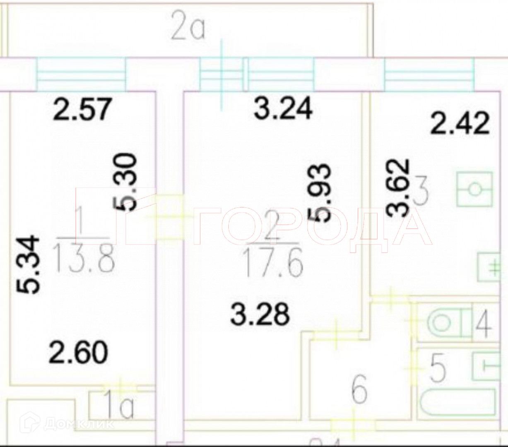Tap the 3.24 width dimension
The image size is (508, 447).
(x=283, y=109)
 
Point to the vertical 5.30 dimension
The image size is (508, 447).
(x=125, y=183)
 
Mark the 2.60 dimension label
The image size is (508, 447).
(x=78, y=352)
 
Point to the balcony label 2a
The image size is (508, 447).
(x=188, y=29)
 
